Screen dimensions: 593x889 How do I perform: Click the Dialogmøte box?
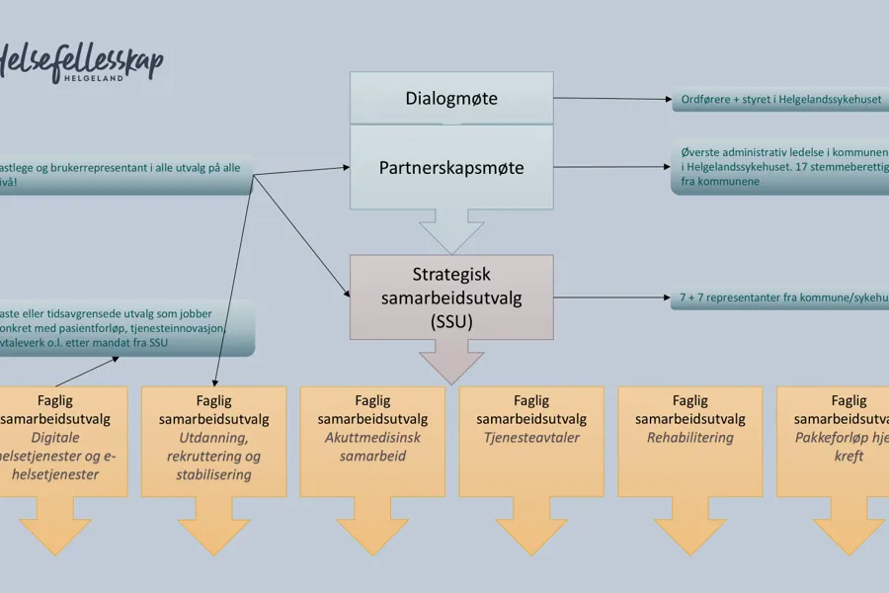pos(451,98)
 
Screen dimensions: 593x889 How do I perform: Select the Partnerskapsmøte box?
pos(451,167)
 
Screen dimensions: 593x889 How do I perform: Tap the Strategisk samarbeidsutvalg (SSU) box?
pos(451,296)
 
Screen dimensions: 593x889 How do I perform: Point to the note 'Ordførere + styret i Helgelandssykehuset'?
pos(780,100)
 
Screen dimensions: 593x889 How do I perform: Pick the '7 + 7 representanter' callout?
pos(780,296)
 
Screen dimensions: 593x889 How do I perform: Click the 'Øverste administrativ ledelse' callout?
pos(780,167)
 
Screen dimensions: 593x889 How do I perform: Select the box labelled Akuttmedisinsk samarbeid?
pos(371,440)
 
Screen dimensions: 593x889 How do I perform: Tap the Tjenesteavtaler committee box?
pos(531,440)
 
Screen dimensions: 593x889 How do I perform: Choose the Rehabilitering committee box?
pos(689,440)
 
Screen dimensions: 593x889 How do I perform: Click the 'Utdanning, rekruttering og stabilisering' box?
pos(213,440)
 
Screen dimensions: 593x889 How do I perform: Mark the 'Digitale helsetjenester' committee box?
pos(65,440)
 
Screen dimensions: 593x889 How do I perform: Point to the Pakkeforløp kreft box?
pos(835,440)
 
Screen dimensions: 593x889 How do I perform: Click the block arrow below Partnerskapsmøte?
pos(451,233)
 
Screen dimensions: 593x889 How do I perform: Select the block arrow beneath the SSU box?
pos(451,362)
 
